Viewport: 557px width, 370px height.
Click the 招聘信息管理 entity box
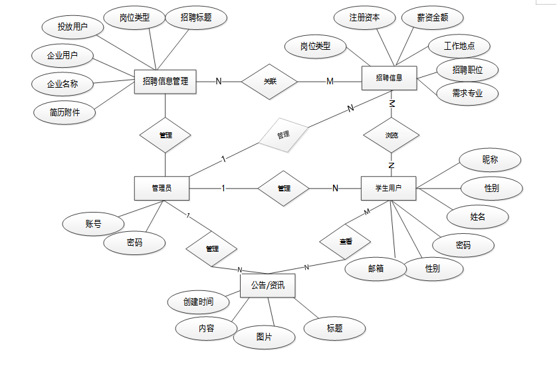tap(166, 81)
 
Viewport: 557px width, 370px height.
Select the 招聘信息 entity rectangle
tap(389, 78)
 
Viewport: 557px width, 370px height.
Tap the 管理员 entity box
tap(162, 188)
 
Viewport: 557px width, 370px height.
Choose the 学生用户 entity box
tap(389, 188)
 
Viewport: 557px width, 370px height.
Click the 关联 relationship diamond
tap(269, 81)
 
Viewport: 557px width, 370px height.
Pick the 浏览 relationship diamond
tap(391, 135)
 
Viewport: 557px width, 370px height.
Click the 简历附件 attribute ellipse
tap(64, 112)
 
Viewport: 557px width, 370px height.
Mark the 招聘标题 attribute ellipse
tap(195, 18)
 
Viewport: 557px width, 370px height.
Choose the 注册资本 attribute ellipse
tap(364, 18)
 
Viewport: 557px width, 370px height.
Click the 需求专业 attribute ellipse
tap(467, 94)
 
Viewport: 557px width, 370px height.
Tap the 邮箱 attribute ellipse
tap(376, 268)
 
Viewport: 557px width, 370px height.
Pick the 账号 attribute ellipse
tap(92, 224)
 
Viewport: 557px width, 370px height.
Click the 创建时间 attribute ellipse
tap(199, 302)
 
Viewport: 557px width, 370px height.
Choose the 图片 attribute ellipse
tap(264, 337)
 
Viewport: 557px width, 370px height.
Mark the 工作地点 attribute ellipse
tap(459, 46)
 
